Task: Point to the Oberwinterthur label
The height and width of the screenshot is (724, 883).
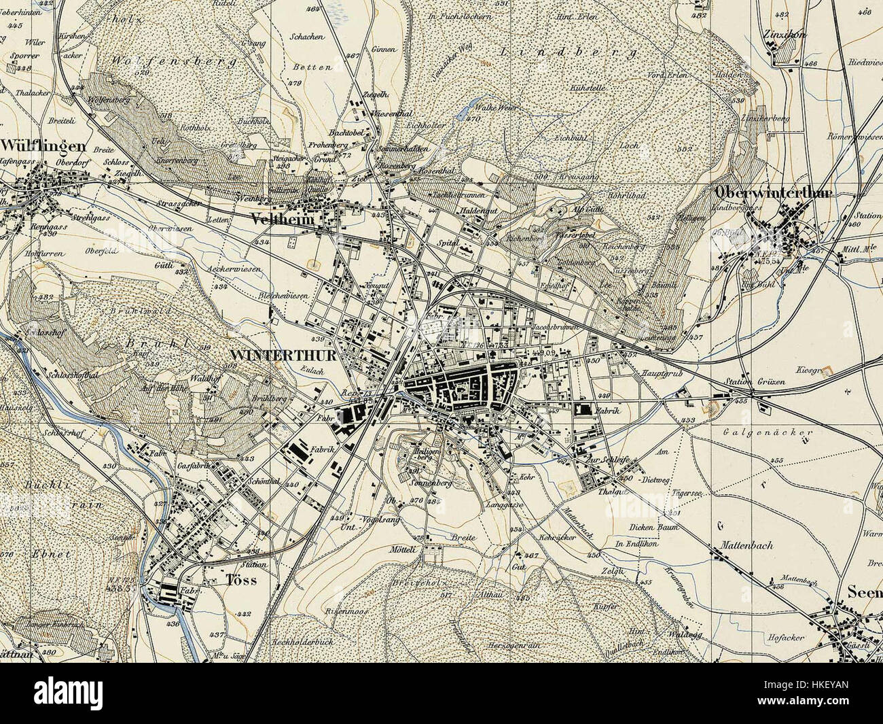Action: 772,193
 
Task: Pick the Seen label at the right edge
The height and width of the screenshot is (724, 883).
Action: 864,591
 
